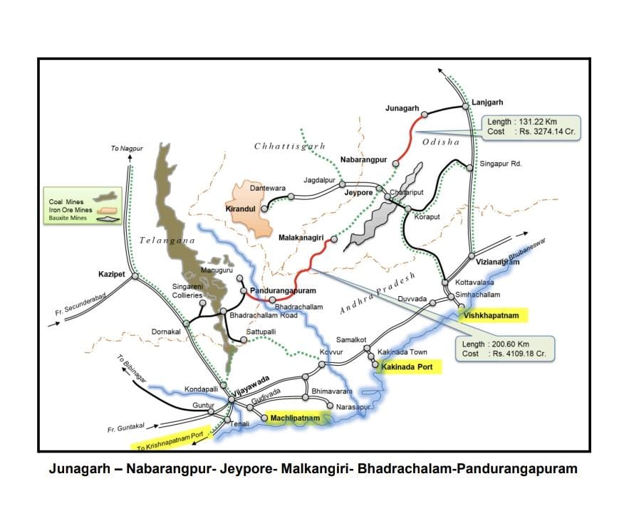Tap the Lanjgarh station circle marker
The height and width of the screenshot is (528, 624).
[465, 106]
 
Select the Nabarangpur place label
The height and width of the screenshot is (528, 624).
[363, 160]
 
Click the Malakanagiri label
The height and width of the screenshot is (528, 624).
[303, 238]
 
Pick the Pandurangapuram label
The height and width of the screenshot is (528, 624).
[284, 291]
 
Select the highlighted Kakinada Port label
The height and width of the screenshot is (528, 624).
[410, 367]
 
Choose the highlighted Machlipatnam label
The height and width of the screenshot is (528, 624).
[295, 419]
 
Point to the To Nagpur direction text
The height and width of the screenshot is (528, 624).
[127, 148]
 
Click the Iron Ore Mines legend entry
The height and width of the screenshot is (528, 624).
[70, 211]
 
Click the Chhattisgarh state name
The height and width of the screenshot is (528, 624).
[289, 146]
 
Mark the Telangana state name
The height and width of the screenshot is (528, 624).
[167, 241]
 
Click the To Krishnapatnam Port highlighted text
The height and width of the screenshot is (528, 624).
[171, 442]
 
